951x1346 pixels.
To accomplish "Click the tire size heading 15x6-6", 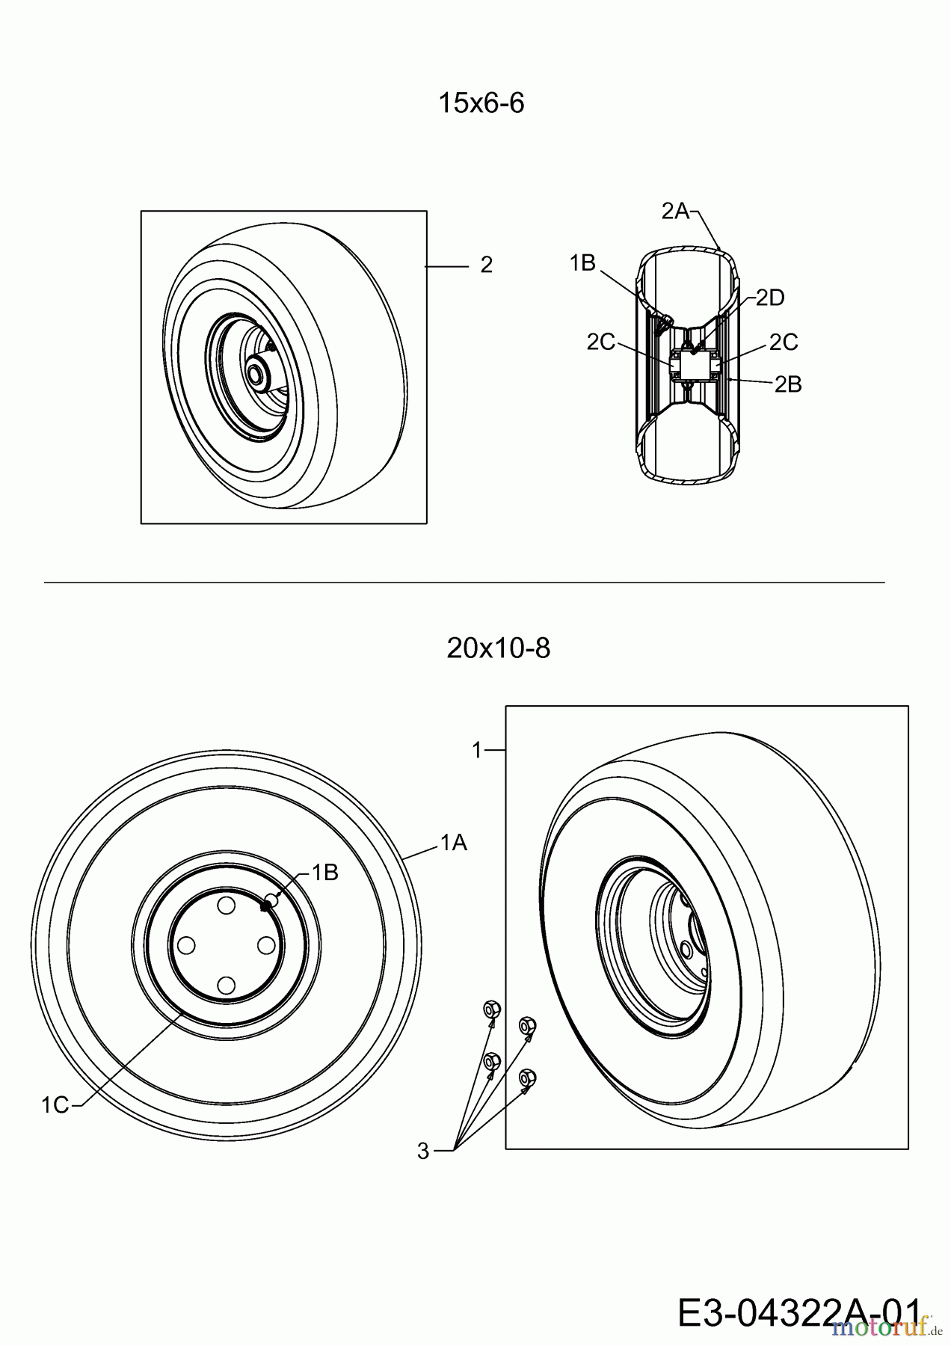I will pyautogui.click(x=481, y=103).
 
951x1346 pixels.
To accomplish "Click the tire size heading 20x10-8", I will pyautogui.click(x=498, y=648).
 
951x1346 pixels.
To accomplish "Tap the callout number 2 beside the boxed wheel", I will pyautogui.click(x=486, y=265).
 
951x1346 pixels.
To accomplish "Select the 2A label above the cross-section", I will pyautogui.click(x=674, y=212).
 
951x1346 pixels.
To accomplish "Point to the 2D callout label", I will pyautogui.click(x=769, y=298).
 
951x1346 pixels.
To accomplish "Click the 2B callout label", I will pyautogui.click(x=787, y=384).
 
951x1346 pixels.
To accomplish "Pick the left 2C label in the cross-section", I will pyautogui.click(x=600, y=342).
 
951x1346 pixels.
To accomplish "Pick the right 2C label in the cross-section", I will pyautogui.click(x=783, y=342).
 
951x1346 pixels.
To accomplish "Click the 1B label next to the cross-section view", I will pyautogui.click(x=582, y=263).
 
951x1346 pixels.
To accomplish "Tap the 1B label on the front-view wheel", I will pyautogui.click(x=324, y=872).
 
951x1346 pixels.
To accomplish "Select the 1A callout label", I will pyautogui.click(x=453, y=843).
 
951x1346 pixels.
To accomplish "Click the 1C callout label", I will pyautogui.click(x=55, y=1104).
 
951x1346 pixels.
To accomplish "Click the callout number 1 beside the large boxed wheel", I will pyautogui.click(x=478, y=750).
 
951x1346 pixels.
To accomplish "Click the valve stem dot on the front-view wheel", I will pyautogui.click(x=265, y=906).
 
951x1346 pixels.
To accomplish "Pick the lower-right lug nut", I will pyautogui.click(x=526, y=1078).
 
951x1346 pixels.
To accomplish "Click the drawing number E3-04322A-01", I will pyautogui.click(x=798, y=1313).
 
